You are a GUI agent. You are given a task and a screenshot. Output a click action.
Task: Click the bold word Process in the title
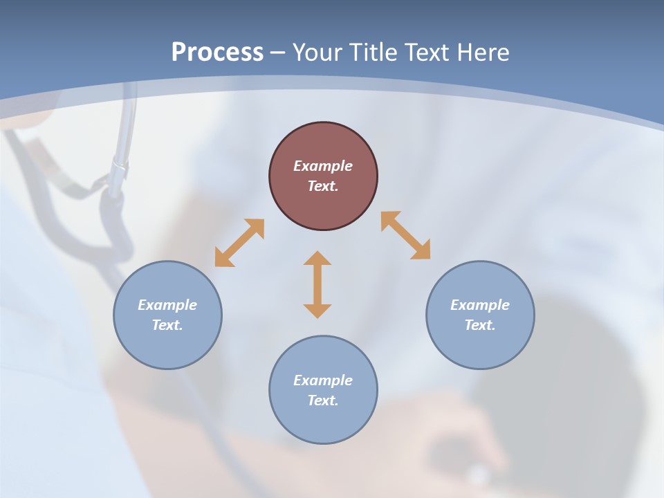point(217,53)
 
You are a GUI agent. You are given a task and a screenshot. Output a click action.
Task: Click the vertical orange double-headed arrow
point(317,285)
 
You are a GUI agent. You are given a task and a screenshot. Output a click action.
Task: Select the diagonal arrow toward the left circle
point(239,243)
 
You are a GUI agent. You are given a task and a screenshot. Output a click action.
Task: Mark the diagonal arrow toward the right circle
point(405,235)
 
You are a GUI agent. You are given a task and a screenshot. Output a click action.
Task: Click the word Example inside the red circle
point(323,166)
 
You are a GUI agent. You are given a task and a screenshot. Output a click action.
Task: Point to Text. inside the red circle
point(323,186)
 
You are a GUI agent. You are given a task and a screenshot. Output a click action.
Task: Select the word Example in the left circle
point(167,305)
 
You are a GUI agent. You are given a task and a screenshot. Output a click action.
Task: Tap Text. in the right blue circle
point(480,325)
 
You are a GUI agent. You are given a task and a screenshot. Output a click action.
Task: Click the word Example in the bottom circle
point(323,380)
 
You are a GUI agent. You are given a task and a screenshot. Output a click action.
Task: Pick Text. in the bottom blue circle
point(323,400)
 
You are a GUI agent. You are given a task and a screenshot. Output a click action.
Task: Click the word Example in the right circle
point(480,305)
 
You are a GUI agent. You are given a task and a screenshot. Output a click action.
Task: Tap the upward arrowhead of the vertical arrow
point(317,259)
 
